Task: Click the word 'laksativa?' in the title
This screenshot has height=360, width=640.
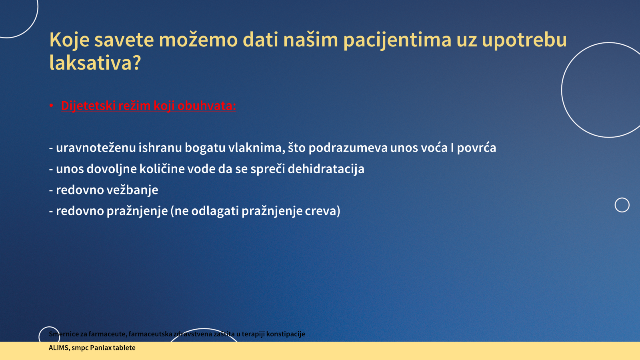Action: (x=95, y=62)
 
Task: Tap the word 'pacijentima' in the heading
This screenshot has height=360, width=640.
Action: (x=397, y=40)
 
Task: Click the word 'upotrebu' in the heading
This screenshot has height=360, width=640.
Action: (x=524, y=40)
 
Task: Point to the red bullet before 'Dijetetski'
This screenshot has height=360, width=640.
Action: (x=52, y=106)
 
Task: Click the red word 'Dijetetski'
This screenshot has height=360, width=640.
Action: (x=88, y=106)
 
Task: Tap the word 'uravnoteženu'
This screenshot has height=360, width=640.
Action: (x=96, y=148)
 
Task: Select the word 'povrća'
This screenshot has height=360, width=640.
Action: (x=476, y=148)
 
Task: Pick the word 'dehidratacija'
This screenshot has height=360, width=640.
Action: (x=326, y=169)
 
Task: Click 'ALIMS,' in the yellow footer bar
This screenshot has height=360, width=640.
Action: (x=60, y=348)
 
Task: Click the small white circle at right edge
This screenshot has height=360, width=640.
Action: (x=622, y=198)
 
